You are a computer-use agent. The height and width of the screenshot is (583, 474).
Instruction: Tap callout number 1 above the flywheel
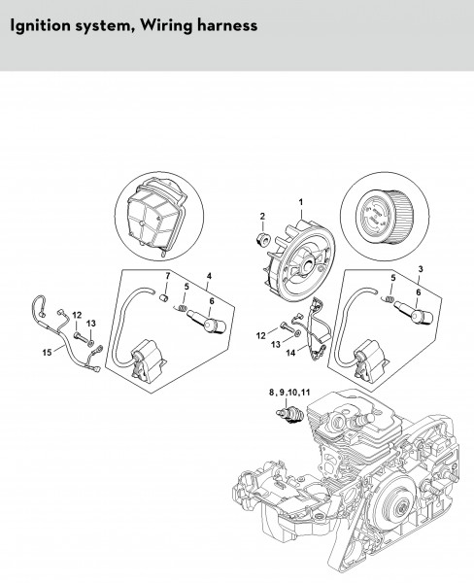pos(301,202)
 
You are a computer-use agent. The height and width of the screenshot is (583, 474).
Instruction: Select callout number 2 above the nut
pos(262,216)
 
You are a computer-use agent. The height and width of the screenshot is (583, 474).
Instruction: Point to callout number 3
pos(421,269)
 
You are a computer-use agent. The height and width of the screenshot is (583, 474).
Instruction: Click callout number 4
pos(209,276)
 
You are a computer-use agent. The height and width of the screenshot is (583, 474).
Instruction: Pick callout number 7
pos(167,276)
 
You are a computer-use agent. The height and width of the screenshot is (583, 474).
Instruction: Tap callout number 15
pos(47,352)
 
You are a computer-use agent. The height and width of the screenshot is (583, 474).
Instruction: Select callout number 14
pos(290,353)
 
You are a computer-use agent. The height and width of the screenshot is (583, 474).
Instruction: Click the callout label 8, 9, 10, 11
pos(289,393)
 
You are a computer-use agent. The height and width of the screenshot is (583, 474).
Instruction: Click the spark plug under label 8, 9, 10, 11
pos(291,414)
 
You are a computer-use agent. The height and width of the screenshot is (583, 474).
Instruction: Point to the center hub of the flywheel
pos(307,264)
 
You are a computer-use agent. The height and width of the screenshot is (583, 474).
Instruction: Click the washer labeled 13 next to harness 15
pos(92,340)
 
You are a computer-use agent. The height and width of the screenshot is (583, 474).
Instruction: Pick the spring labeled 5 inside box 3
pos(389,298)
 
